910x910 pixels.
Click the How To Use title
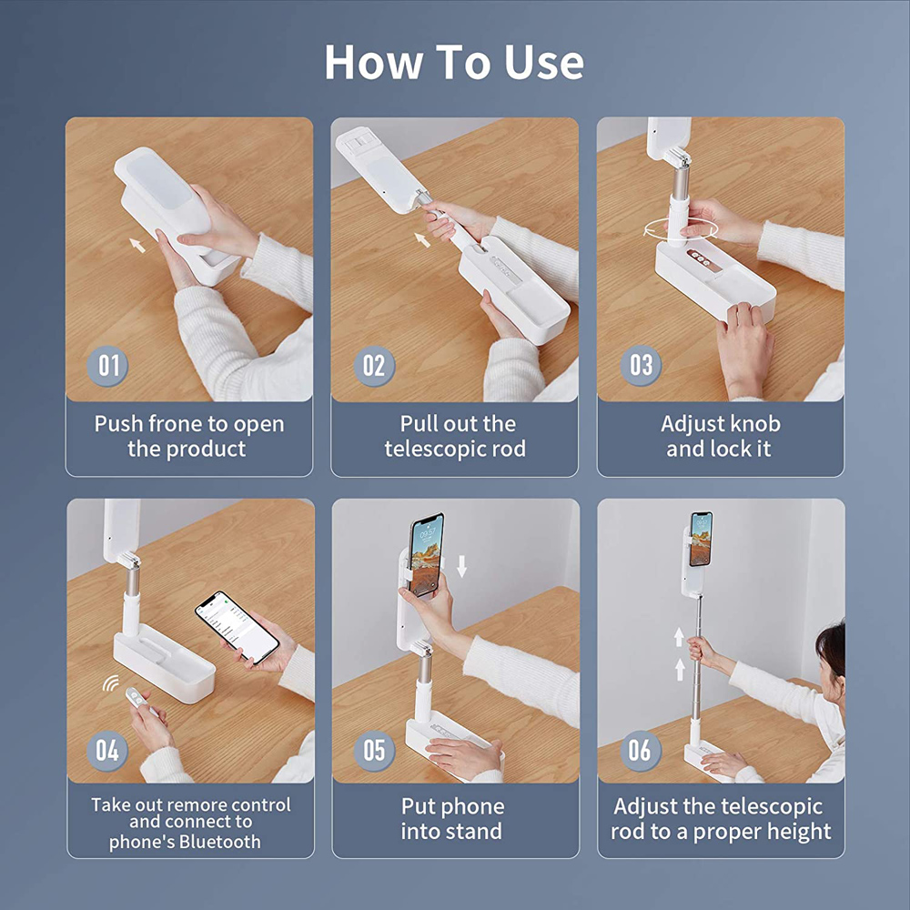[x=454, y=62]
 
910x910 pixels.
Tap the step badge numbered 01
[x=108, y=365]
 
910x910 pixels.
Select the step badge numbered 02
[x=374, y=365]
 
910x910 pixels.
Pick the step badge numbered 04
[x=108, y=751]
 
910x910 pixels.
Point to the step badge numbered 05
[x=374, y=751]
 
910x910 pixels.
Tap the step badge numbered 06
[x=640, y=751]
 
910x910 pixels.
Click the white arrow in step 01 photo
[x=136, y=244]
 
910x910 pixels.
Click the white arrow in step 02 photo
[x=421, y=240]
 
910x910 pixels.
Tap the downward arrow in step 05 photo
[x=461, y=567]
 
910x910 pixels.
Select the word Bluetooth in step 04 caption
[x=220, y=842]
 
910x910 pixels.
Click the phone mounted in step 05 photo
[x=425, y=555]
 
